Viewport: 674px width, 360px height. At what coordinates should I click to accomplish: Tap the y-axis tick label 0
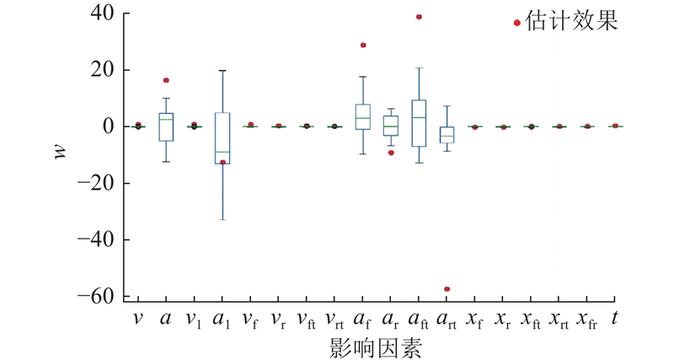[x=113, y=126]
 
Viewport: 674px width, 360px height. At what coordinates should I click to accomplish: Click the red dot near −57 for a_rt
[x=447, y=289]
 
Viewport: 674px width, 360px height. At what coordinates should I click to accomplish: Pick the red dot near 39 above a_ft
[x=419, y=17]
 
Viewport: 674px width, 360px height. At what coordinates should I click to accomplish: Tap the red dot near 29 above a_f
[x=363, y=46]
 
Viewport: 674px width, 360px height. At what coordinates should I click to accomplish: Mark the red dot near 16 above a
[x=166, y=80]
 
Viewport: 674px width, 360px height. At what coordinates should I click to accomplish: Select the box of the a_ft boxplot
[x=419, y=123]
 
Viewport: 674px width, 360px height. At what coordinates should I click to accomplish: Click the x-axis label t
[x=615, y=318]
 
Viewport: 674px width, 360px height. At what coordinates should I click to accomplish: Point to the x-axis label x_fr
[x=587, y=319]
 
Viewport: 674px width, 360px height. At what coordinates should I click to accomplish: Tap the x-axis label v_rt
[x=334, y=319]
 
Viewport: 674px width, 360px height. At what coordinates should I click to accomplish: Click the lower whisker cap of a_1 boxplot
[x=222, y=219]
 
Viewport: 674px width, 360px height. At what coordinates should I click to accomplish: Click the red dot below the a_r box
[x=391, y=153]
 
